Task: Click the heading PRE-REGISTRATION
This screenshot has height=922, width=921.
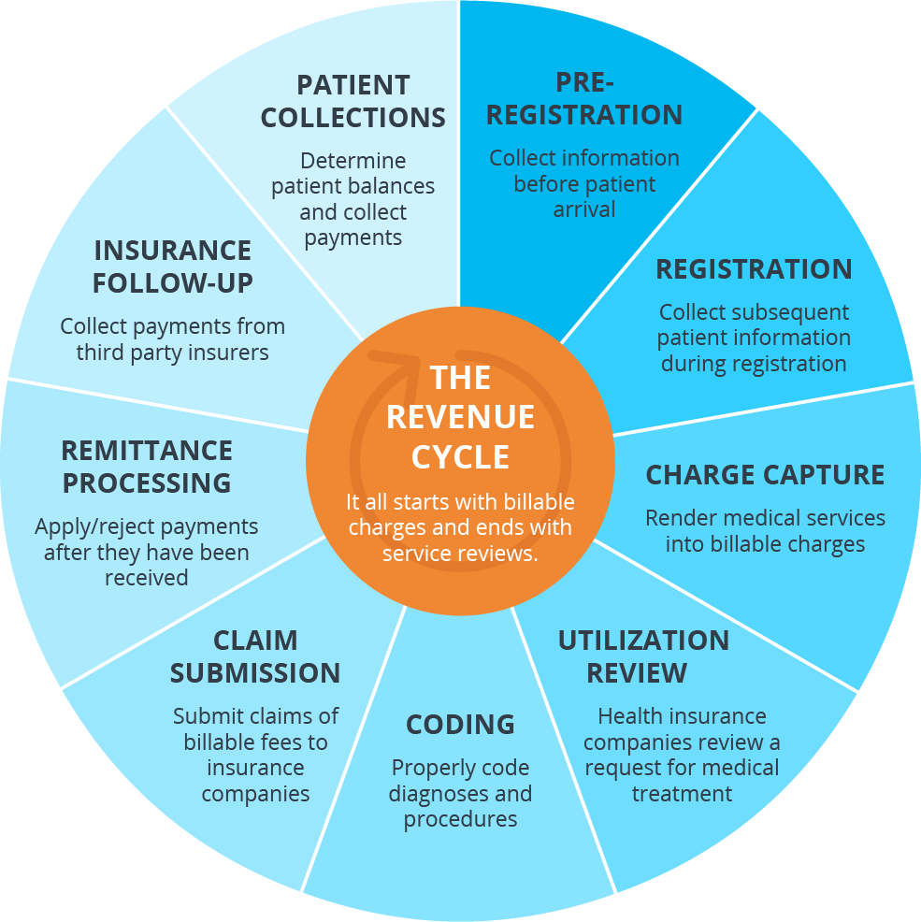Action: [584, 98]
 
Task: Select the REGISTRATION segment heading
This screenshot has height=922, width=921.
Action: [754, 269]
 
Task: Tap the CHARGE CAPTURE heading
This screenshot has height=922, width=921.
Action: [765, 475]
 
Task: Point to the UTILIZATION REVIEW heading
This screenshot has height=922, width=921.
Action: [643, 656]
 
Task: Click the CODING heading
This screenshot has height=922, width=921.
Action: [460, 725]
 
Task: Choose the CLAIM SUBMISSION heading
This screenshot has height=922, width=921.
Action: [255, 656]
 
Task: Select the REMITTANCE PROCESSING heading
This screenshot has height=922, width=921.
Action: [147, 467]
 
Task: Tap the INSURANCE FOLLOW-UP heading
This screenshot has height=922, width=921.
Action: [173, 267]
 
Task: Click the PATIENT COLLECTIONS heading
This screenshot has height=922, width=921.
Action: [353, 101]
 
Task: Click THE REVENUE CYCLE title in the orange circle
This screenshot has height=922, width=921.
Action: [460, 417]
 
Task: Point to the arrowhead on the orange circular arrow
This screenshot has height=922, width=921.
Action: [409, 359]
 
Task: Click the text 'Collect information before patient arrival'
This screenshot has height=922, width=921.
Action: [584, 183]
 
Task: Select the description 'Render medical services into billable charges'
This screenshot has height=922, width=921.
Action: [765, 530]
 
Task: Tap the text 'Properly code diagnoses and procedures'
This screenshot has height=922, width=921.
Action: [460, 793]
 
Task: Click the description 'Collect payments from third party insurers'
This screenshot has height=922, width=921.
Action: [173, 339]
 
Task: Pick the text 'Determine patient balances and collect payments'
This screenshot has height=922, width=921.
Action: [353, 199]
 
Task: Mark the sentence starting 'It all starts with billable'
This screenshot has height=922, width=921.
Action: [460, 527]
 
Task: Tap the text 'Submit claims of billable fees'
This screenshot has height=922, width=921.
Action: [255, 729]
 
